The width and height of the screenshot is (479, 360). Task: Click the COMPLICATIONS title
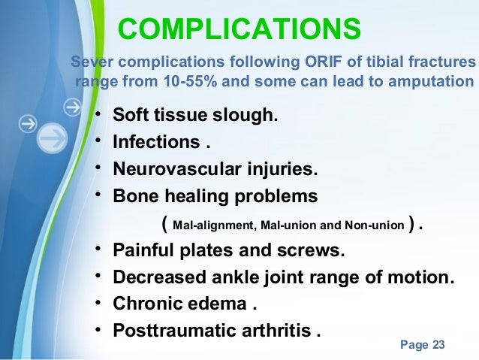click(239, 29)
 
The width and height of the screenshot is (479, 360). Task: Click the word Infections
click(156, 143)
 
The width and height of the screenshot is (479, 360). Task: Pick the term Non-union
click(376, 224)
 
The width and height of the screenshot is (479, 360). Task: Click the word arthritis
click(273, 330)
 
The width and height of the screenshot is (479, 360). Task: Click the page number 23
click(438, 345)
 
